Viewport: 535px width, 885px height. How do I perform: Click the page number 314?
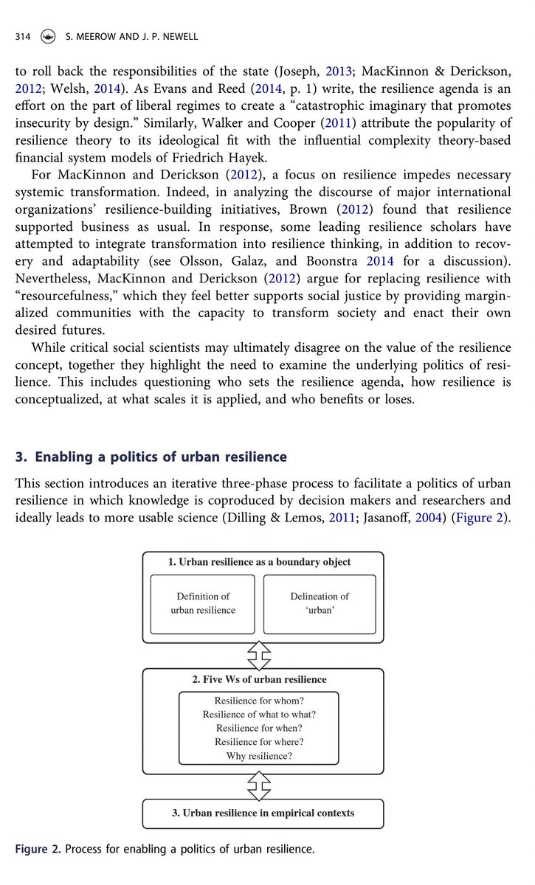coord(22,37)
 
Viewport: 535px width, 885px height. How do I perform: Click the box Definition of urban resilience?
coord(203,603)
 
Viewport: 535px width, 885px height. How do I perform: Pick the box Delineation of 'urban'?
coord(320,603)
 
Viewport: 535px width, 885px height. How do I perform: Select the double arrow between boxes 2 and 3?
coord(259,786)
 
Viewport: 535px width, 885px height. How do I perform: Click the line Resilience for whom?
coord(259,701)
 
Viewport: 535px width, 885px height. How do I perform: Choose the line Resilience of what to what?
coord(259,715)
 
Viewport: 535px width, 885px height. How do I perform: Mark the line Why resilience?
coord(259,756)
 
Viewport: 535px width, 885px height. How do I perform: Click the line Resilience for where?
coord(259,742)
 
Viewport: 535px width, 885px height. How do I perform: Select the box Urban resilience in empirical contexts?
coord(263,813)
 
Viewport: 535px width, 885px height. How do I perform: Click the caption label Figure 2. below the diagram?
coord(38,850)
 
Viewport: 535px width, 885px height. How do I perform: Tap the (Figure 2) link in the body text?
coord(486,518)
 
